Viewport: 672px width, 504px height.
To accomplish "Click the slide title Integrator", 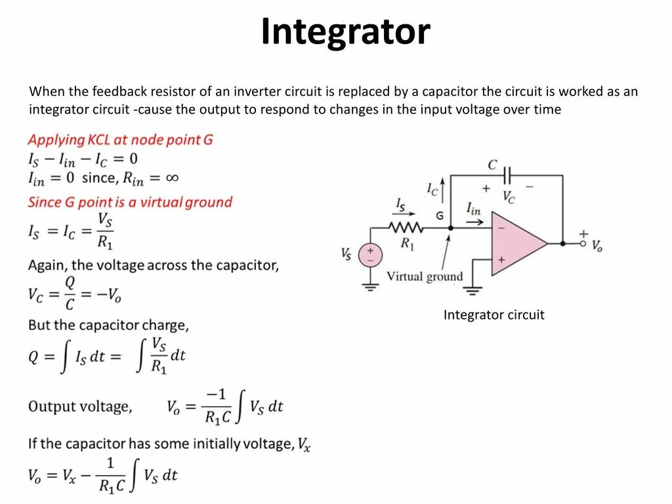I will pyautogui.click(x=345, y=31).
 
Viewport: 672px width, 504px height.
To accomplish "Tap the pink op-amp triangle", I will pyautogui.click(x=515, y=243).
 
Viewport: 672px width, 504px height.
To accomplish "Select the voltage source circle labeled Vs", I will pyautogui.click(x=370, y=255).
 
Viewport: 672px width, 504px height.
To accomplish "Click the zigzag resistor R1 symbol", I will pyautogui.click(x=407, y=228).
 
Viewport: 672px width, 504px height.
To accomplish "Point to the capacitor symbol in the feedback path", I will pyautogui.click(x=507, y=175).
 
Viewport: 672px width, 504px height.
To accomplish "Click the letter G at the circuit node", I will pyautogui.click(x=439, y=215).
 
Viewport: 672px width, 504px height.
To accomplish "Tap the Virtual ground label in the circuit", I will pyautogui.click(x=425, y=276).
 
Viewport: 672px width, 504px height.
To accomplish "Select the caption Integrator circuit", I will pyautogui.click(x=493, y=315).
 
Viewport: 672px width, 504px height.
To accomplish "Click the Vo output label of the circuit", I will pyautogui.click(x=597, y=246).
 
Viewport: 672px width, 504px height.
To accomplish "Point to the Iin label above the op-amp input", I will pyautogui.click(x=473, y=209).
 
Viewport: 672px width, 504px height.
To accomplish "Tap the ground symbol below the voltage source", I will pyautogui.click(x=370, y=286).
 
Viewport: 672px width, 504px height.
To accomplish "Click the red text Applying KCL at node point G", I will pyautogui.click(x=120, y=140).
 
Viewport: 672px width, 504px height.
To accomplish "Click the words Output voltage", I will pyautogui.click(x=79, y=407).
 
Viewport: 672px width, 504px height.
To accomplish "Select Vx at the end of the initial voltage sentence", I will pyautogui.click(x=304, y=444).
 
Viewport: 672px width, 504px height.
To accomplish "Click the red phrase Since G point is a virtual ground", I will pyautogui.click(x=130, y=202).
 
